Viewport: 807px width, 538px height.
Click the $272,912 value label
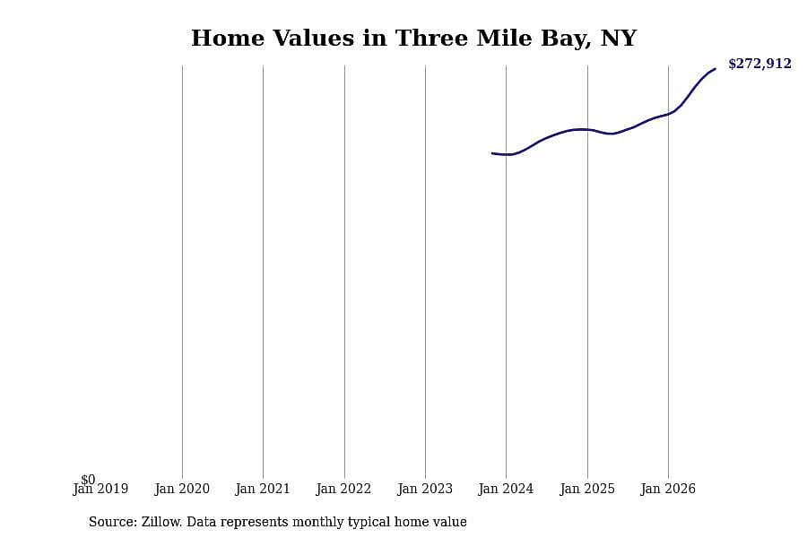759,64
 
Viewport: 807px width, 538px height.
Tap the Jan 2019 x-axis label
100,489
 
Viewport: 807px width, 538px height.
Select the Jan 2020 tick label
182,489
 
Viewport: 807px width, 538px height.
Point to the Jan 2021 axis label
263,489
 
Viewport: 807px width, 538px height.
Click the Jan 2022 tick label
343,489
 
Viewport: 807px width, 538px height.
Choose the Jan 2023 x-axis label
425,489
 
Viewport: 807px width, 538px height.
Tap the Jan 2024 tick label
506,489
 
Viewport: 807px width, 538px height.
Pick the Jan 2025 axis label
587,489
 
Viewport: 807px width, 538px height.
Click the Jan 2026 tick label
668,489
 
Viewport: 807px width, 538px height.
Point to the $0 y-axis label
88,480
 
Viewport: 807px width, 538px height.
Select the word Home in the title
228,38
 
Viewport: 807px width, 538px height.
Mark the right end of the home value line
715,68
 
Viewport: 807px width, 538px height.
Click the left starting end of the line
492,153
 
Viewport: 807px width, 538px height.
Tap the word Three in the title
431,38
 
